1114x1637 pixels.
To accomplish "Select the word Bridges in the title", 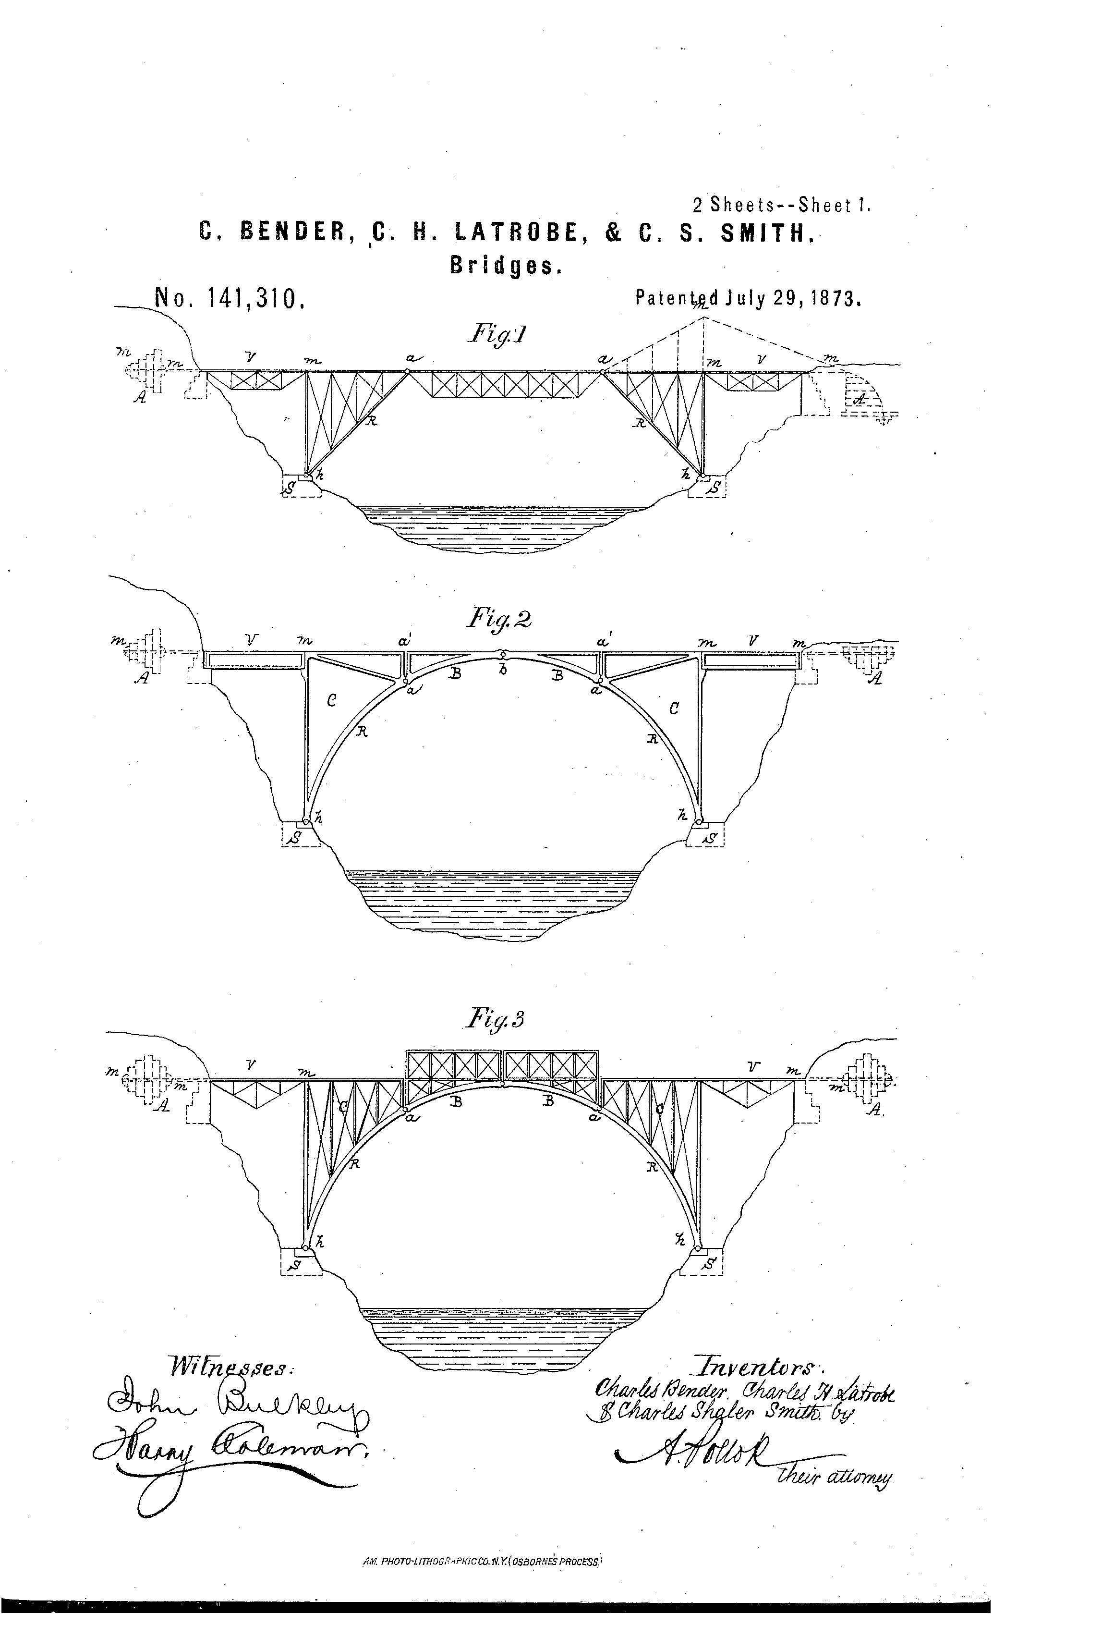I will click(506, 266).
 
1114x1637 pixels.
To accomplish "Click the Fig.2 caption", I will click(496, 620).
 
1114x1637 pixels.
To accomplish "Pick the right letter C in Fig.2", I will click(674, 709).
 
